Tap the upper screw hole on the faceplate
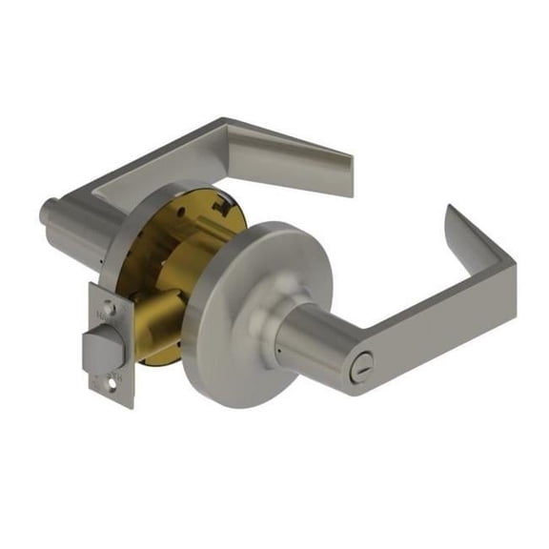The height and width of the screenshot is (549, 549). [x=112, y=308]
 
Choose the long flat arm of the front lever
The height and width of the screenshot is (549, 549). [x=419, y=319]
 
